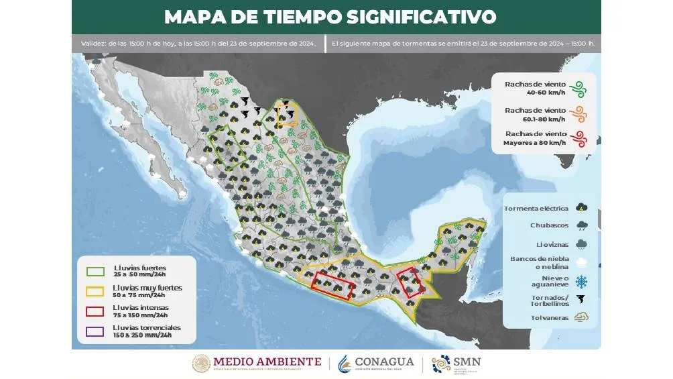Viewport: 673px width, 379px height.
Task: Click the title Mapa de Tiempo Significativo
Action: point(330,16)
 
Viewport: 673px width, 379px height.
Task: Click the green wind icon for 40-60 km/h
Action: point(577,87)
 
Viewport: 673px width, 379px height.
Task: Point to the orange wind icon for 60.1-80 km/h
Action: point(577,113)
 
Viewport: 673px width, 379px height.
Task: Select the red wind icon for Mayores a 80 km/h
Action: point(577,138)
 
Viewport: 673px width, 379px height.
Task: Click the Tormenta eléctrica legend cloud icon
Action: point(583,208)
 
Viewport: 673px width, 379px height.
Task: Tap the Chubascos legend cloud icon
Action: point(583,226)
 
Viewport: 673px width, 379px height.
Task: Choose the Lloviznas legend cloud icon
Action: point(583,244)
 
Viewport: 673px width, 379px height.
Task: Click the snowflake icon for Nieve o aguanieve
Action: point(583,280)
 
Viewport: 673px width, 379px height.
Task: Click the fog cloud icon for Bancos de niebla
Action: point(583,262)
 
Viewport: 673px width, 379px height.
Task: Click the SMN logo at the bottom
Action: point(456,363)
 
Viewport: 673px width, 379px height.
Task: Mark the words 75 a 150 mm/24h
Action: point(141,315)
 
